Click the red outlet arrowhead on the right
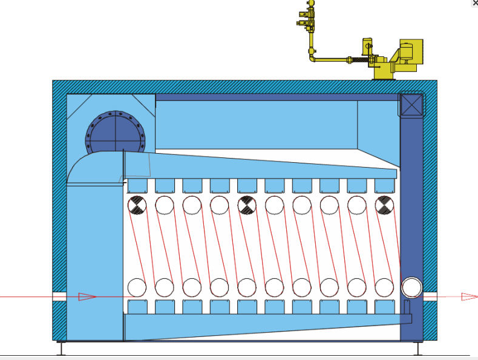(x=469, y=296)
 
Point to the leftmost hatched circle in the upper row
(x=137, y=206)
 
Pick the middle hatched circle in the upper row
(x=246, y=206)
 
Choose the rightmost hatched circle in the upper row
(x=384, y=206)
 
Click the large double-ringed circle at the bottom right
(x=411, y=286)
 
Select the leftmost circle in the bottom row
(x=137, y=286)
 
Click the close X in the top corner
(x=475, y=3)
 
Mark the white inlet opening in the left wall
(x=59, y=296)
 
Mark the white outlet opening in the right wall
(x=430, y=296)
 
